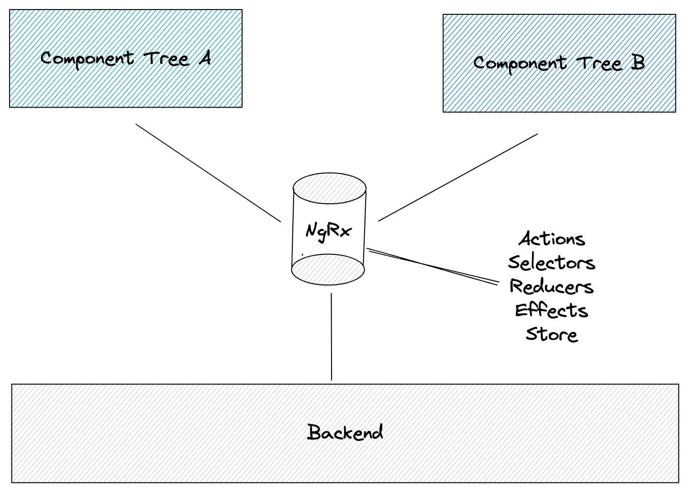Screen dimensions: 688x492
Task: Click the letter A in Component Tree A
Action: pos(205,58)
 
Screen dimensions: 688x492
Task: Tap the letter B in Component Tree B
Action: pos(638,63)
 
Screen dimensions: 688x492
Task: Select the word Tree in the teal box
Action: pos(166,59)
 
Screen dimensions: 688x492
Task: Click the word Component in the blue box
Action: pos(520,64)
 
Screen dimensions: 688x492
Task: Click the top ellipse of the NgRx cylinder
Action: pos(329,188)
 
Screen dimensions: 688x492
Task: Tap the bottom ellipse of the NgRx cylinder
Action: pos(328,270)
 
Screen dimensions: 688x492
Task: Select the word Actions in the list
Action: pos(552,239)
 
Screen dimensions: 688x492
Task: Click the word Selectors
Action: pos(552,262)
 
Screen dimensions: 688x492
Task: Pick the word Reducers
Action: pos(552,286)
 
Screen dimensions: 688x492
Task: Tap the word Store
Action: pos(552,334)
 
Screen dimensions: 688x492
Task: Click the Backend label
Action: pos(345,432)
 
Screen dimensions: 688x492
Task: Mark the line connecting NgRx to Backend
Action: pos(332,337)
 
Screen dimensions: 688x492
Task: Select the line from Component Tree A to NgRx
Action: pos(208,173)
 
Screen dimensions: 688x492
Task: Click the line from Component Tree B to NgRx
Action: pos(458,177)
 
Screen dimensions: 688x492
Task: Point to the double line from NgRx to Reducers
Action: pos(433,266)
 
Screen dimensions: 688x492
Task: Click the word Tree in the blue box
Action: pos(599,63)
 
